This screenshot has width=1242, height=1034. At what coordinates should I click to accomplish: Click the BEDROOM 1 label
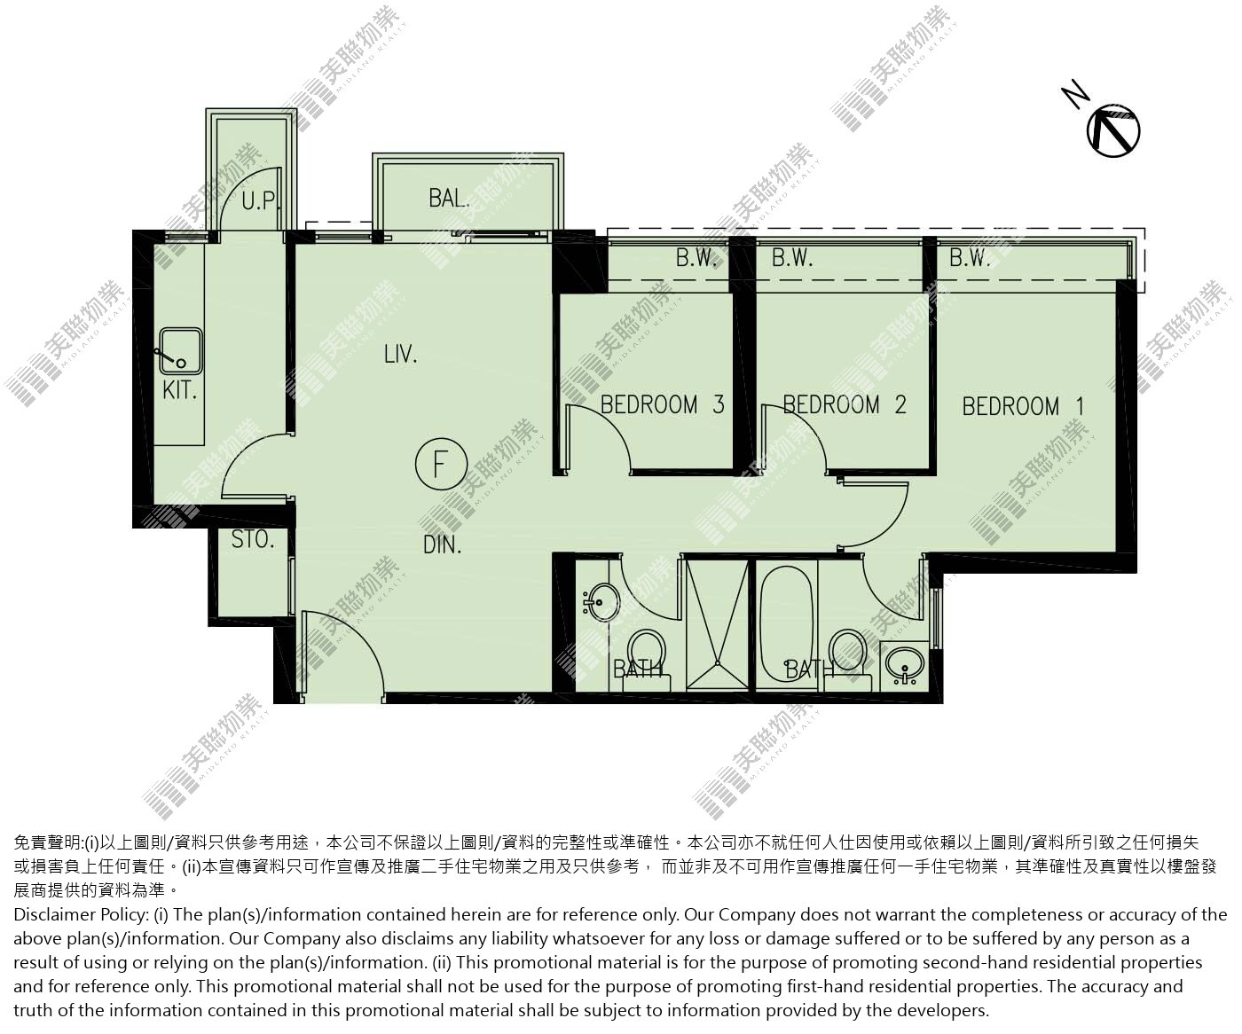coord(1023,407)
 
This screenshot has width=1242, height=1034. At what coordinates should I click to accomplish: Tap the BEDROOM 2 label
coord(844,404)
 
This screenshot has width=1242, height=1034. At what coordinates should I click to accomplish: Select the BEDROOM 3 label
coord(662,404)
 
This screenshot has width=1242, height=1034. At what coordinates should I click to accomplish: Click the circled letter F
coord(441,465)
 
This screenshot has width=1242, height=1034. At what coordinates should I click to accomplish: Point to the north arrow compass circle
coord(1113,131)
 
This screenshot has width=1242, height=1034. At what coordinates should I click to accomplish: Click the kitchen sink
coord(180,351)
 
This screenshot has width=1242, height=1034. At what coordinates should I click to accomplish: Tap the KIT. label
coord(179,391)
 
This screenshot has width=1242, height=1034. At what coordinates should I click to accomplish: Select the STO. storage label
coord(253,539)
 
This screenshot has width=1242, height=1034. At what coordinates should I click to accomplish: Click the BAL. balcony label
coord(449,198)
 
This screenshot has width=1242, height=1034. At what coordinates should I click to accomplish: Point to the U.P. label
coord(260,201)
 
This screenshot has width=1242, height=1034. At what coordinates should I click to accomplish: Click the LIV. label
coord(400,355)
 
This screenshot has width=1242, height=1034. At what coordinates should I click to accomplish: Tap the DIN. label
coord(442,544)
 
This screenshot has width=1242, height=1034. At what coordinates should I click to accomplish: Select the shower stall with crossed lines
coord(718,624)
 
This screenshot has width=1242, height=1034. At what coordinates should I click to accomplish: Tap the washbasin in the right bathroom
coord(904,665)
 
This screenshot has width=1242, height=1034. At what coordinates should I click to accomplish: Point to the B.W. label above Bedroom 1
coord(970,258)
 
